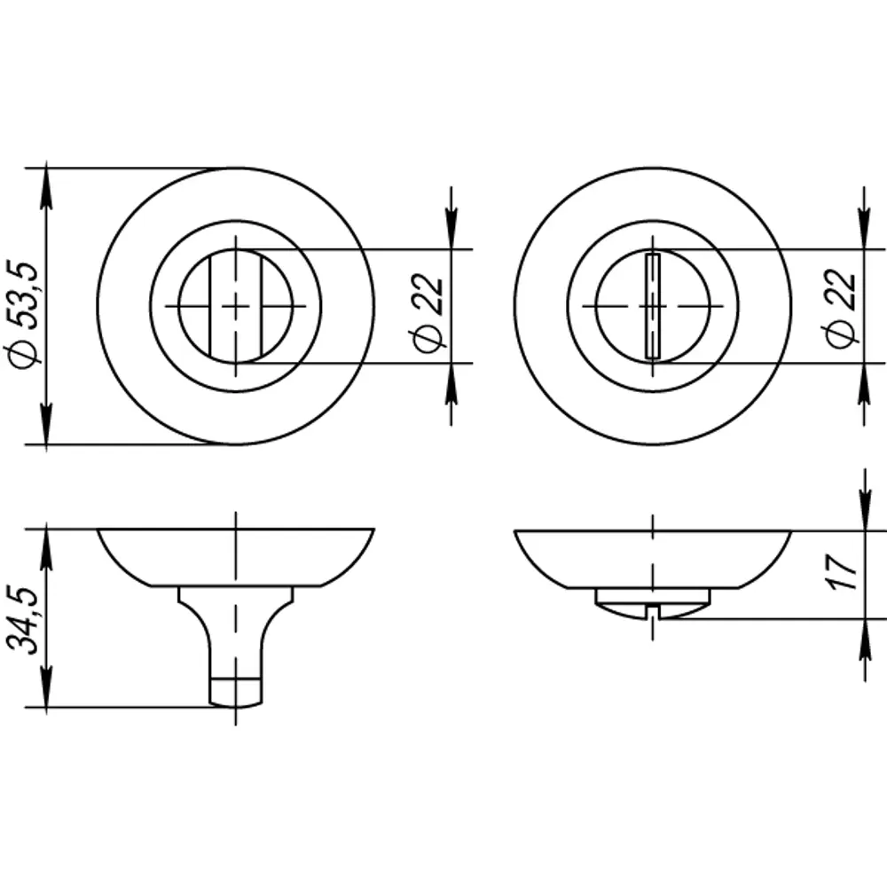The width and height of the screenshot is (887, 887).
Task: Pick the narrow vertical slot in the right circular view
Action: [x=653, y=306]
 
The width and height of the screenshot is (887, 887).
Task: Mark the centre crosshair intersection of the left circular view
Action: [x=235, y=306]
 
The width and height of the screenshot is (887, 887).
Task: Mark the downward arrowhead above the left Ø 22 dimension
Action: [x=451, y=235]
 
